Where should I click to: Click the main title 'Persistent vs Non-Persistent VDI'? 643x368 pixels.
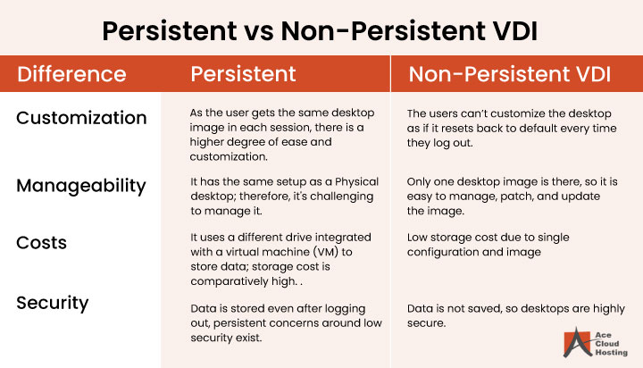(x=321, y=29)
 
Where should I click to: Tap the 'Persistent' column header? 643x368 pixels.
(x=243, y=74)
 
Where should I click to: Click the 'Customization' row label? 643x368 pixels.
(x=81, y=117)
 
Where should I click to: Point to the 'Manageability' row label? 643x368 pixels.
(x=81, y=185)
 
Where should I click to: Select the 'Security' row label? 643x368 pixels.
(x=53, y=303)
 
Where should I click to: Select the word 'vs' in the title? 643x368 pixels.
(x=252, y=30)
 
